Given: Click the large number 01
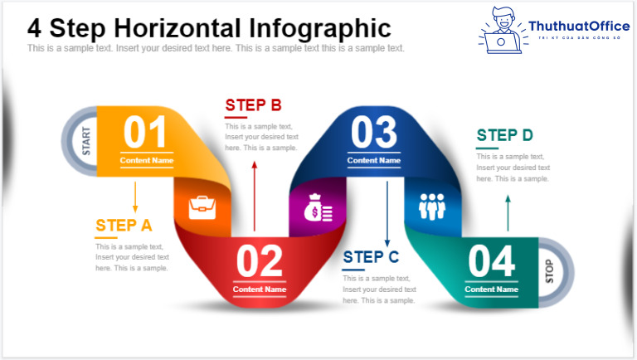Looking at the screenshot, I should coord(145,133).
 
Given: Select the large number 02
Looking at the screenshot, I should coord(260,261).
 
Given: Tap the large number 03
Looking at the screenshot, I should coord(373,133).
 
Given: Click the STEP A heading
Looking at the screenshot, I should coord(124,225).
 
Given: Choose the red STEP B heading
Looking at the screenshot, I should coord(253,105).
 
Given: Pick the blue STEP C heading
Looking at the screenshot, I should coord(371,257).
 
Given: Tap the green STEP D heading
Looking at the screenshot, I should coord(504,135).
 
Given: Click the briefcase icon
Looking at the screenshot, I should coord(202,206).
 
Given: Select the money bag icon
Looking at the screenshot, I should coord(317,207).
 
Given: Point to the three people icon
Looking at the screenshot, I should coord(431,206).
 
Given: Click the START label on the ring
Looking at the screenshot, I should coord(86,140).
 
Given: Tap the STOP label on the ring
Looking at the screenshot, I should coord(549,271).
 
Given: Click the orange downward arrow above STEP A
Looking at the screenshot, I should coord(135,197).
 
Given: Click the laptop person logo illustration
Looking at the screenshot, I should coord(503,31).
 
